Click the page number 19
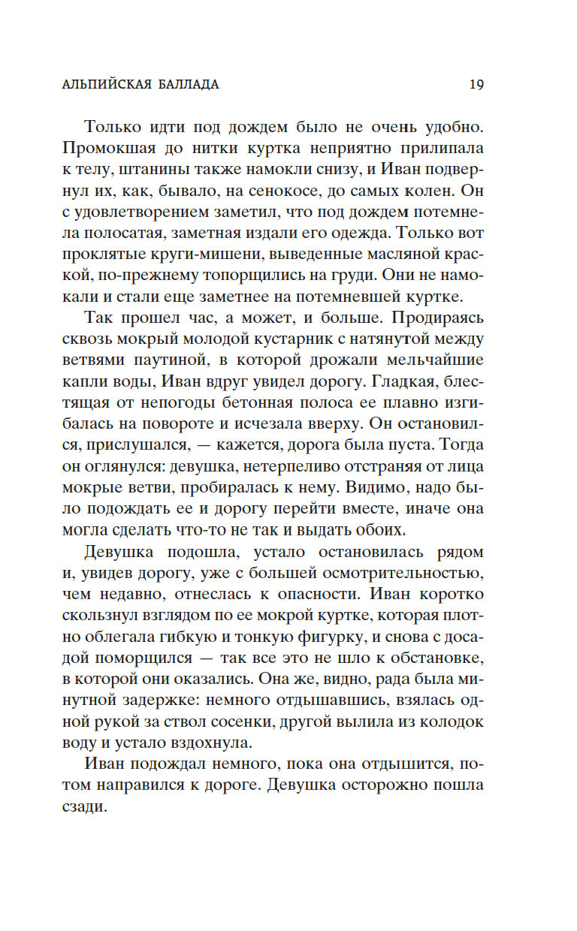pos(476,84)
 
